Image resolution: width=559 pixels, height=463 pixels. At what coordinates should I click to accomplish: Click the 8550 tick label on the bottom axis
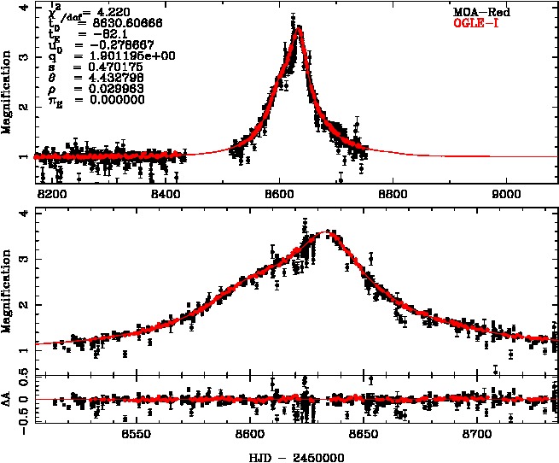pyautogui.click(x=137, y=434)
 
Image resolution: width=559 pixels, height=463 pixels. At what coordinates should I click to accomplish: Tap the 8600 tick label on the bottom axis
pyautogui.click(x=250, y=434)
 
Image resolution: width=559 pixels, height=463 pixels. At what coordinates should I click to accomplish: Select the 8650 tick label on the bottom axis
pyautogui.click(x=364, y=434)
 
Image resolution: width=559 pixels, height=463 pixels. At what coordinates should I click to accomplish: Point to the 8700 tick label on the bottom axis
pyautogui.click(x=478, y=434)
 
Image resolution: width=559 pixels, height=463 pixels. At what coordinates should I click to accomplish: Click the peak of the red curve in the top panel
pyautogui.click(x=298, y=29)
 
